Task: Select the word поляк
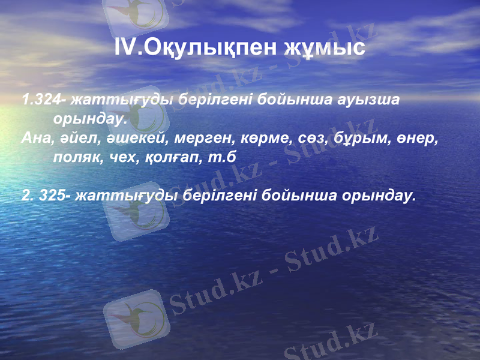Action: [x=75, y=158]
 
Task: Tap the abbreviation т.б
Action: [x=220, y=158]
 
